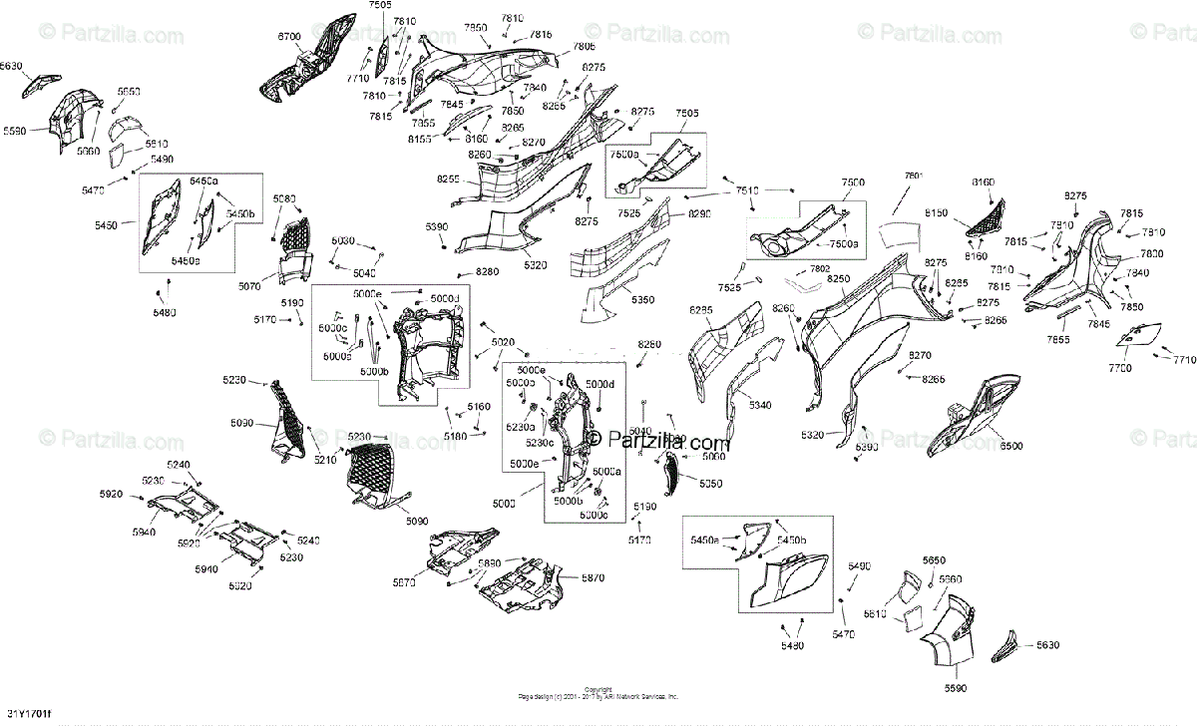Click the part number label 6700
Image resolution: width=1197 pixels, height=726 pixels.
[288, 37]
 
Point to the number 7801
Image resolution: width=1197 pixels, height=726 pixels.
[914, 177]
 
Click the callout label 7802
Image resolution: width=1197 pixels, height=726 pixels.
[819, 269]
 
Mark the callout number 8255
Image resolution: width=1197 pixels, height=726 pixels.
[448, 179]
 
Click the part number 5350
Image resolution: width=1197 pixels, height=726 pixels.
[642, 300]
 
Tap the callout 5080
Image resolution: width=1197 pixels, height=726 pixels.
[285, 198]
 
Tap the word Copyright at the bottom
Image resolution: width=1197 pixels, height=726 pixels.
[598, 689]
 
